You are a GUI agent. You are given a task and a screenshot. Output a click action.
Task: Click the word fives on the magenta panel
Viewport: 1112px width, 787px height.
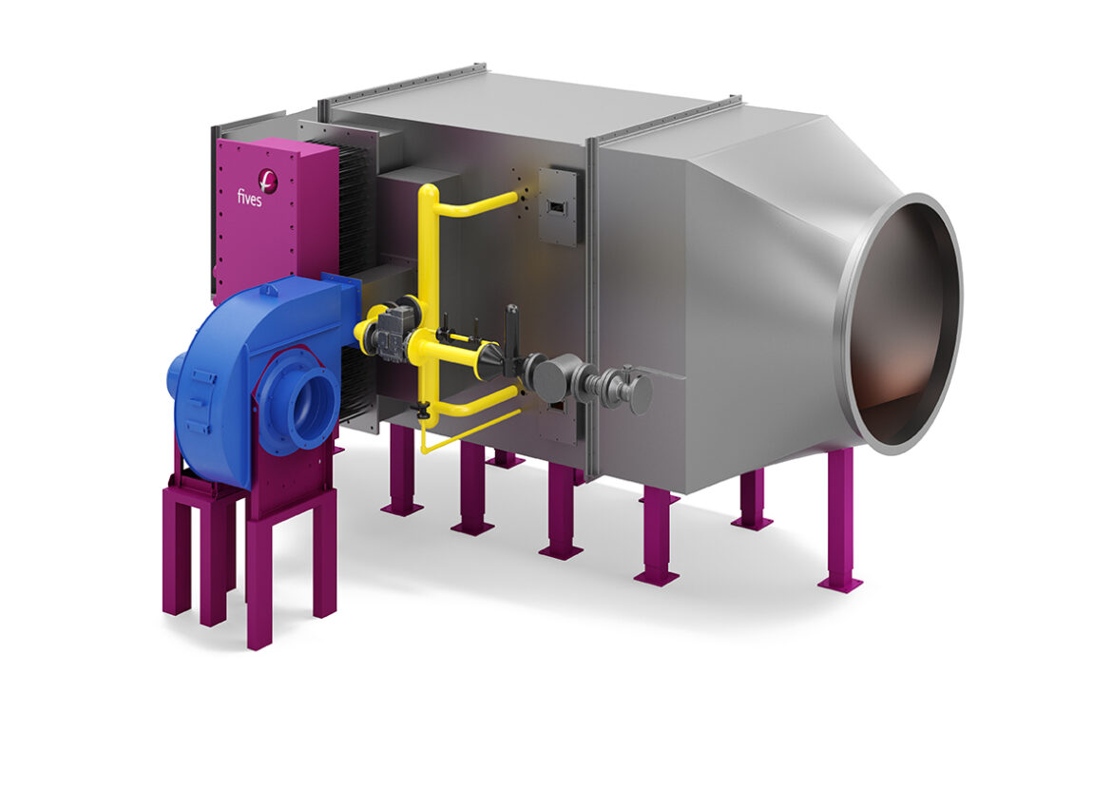click(250, 198)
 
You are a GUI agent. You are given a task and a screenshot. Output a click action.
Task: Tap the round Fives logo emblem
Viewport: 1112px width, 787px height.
click(268, 180)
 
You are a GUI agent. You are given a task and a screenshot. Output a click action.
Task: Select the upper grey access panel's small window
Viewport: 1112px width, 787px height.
click(555, 206)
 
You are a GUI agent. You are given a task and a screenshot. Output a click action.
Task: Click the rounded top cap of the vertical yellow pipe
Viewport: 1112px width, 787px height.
click(429, 191)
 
